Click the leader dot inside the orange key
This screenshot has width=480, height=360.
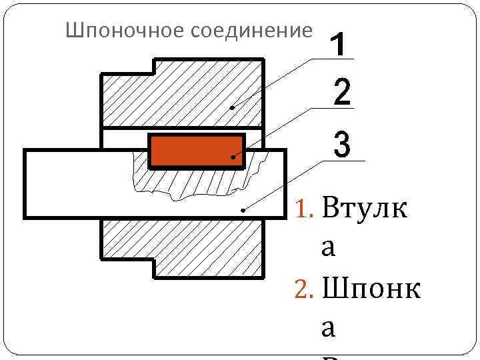tap(233, 157)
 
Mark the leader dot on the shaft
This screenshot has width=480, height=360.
tap(243, 210)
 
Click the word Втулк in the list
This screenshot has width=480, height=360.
tap(363, 209)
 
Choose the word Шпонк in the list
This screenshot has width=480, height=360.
tap(371, 290)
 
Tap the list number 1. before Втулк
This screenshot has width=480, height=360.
tap(305, 211)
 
